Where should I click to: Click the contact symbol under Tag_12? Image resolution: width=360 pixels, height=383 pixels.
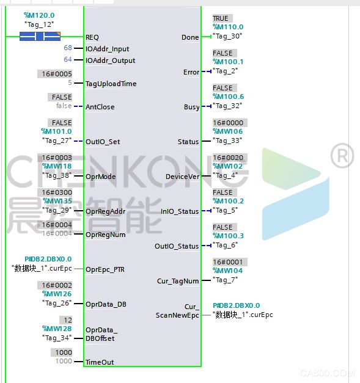[x=40, y=37]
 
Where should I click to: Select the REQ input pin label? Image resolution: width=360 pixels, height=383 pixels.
[x=92, y=37]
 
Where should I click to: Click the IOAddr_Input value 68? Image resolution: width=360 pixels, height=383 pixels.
[x=68, y=48]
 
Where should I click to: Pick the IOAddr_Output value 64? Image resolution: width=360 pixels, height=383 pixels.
[x=68, y=59]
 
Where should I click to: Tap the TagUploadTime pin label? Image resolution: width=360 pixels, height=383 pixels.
[x=111, y=84]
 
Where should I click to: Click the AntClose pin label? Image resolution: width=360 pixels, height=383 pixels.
[x=100, y=107]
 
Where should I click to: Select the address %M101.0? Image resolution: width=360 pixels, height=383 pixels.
[x=56, y=131]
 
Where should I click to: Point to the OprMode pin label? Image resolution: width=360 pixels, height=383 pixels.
[x=101, y=177]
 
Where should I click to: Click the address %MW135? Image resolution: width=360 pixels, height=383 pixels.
[x=57, y=201]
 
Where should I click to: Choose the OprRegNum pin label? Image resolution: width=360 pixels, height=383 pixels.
[x=106, y=235]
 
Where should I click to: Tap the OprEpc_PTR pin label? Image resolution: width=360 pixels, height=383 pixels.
[x=105, y=269]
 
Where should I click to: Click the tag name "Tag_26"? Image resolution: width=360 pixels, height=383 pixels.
[x=57, y=303]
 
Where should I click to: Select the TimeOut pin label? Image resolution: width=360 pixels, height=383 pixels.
[x=100, y=362]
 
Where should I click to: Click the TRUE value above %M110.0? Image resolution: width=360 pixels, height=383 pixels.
[x=221, y=18]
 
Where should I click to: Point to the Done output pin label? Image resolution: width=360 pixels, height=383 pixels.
[x=190, y=37]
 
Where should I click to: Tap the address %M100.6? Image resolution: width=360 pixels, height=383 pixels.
[x=228, y=97]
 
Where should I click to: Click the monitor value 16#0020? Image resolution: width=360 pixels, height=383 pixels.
[x=228, y=158]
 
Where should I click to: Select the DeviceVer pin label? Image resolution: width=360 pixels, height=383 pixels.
[x=182, y=177]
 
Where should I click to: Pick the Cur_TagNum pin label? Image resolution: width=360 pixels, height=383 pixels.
[x=178, y=281]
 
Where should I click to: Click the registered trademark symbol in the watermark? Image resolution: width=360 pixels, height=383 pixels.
[x=342, y=156]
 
